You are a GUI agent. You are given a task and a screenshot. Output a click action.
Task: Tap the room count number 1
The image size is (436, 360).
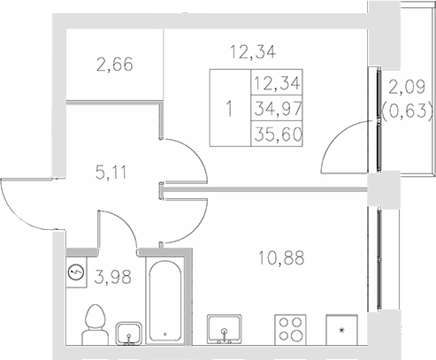click(231, 110)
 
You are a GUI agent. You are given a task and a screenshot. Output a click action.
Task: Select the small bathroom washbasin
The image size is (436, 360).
click(129, 331)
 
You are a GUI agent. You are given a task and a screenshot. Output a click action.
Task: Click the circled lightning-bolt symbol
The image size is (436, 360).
click(76, 271)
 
